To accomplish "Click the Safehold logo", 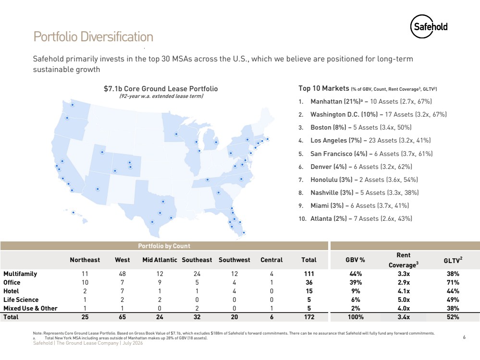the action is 429,26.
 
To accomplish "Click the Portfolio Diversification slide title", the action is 93,36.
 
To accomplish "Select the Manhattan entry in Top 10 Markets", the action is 371,102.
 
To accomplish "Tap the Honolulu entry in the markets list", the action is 364,180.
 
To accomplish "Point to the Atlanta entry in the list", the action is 361,219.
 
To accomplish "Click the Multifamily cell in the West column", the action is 122,274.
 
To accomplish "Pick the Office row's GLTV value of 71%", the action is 453,282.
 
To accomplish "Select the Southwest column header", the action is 234,260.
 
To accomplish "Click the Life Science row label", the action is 21,300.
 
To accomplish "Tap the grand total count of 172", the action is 309,317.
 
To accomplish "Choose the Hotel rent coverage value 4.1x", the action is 404,291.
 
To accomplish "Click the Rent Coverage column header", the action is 404,260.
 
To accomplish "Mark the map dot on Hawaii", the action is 73,212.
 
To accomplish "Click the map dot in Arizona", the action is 98,189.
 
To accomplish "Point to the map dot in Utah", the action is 102,152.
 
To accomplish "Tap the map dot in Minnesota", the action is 176,134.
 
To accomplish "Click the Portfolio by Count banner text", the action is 164,246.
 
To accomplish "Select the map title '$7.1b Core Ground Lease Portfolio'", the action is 160,89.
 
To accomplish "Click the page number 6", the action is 465,337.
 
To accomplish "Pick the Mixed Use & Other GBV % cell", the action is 356,308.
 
